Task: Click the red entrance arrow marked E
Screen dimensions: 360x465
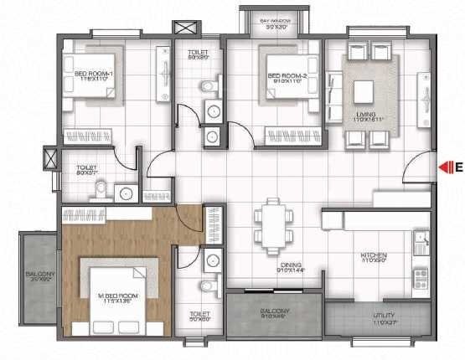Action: tap(442, 167)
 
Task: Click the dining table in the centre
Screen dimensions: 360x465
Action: tap(272, 226)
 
